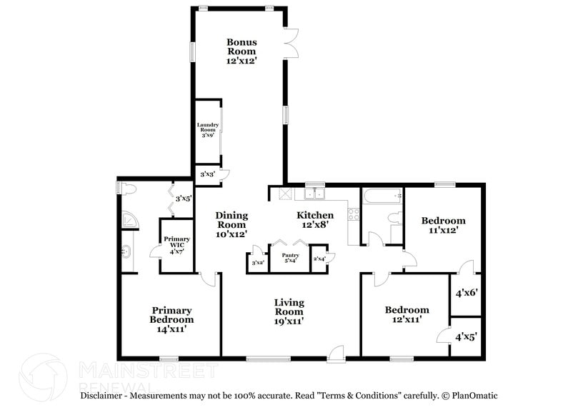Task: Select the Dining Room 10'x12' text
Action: (x=231, y=224)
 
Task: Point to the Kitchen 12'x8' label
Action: (x=315, y=219)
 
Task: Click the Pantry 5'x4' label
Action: (x=290, y=258)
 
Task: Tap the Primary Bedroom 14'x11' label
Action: (x=171, y=315)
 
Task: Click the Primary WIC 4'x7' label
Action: (x=176, y=243)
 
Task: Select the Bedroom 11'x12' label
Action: (x=443, y=225)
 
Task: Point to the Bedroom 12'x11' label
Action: (x=407, y=314)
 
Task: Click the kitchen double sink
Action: (x=314, y=193)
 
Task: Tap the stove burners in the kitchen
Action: (x=354, y=212)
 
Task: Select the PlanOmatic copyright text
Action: (x=470, y=395)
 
